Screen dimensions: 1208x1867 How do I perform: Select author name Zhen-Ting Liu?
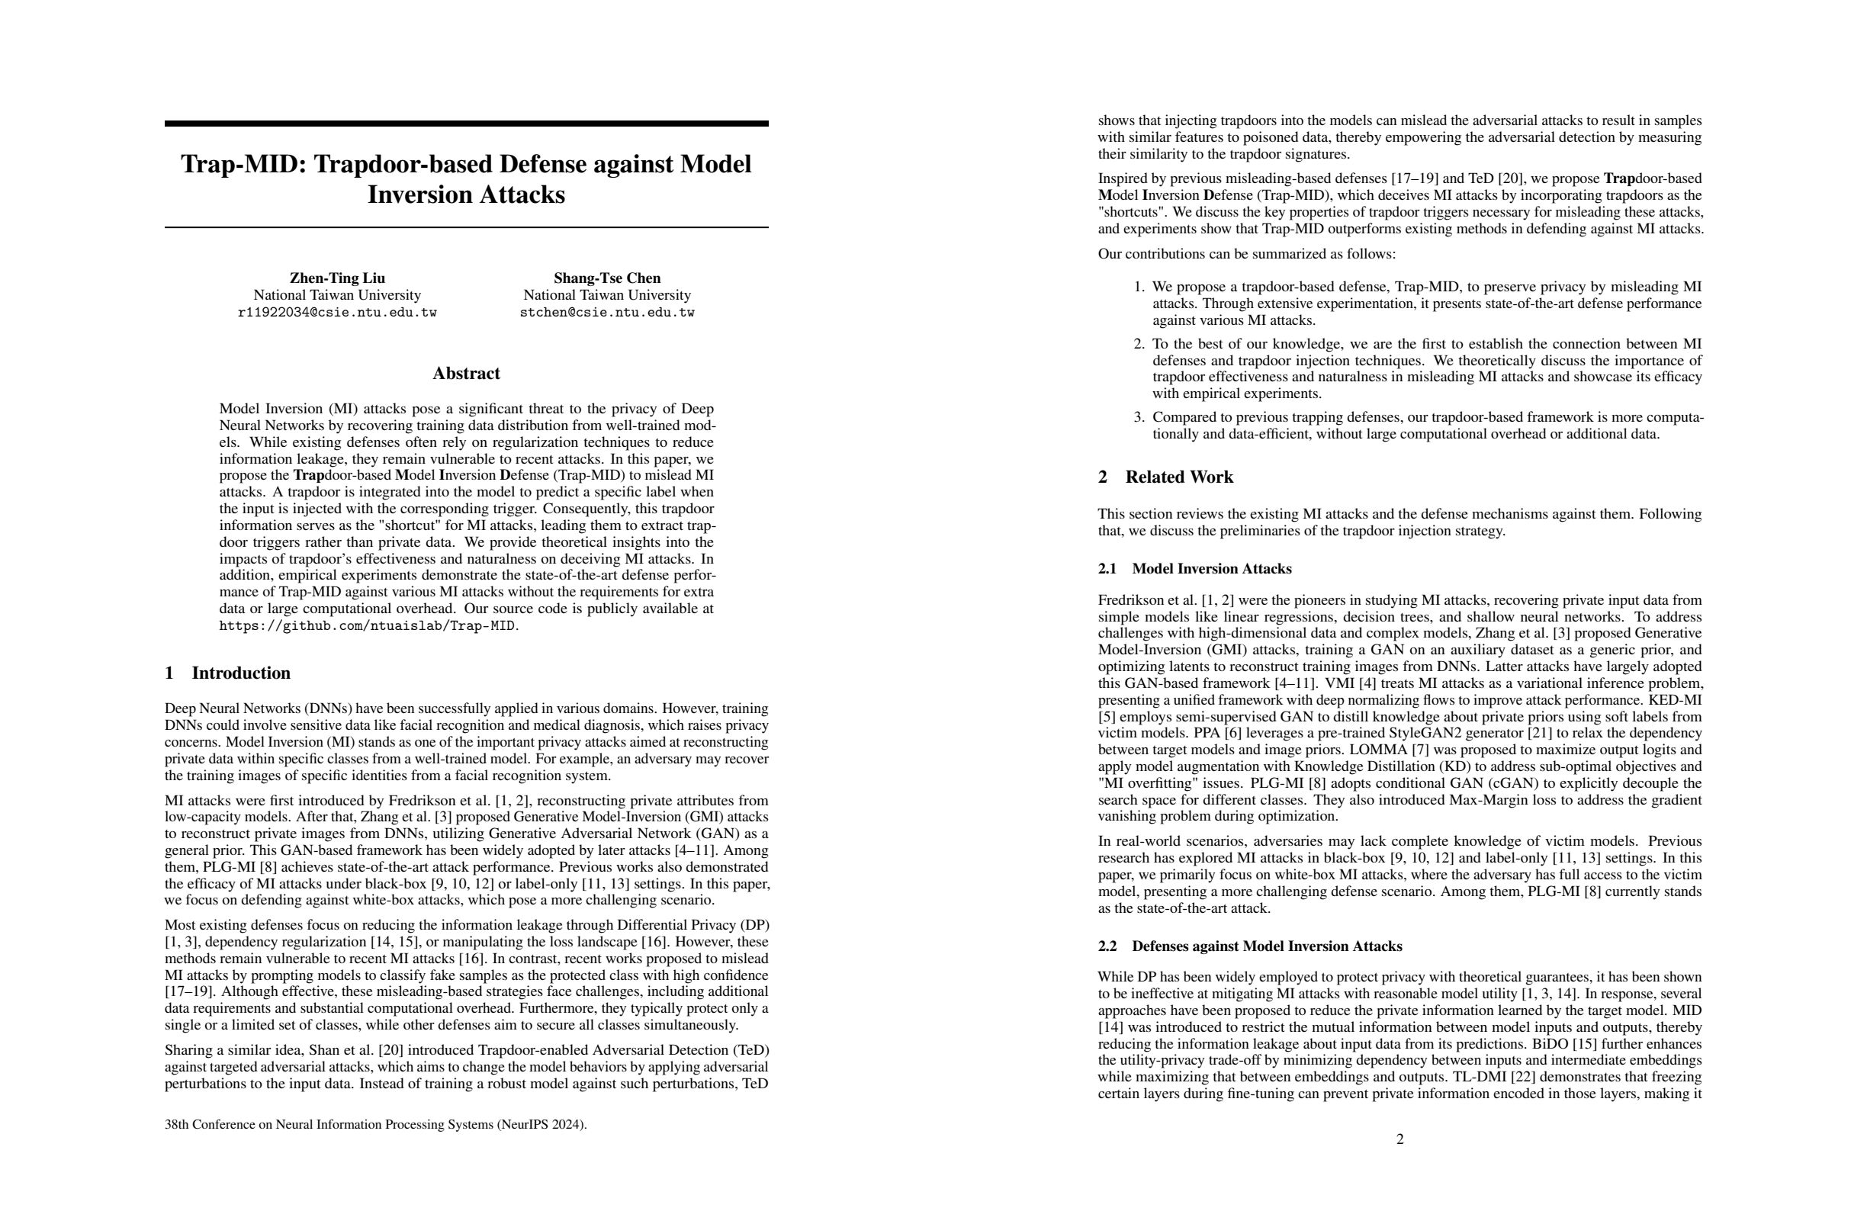coord(337,278)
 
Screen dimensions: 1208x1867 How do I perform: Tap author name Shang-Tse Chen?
coord(607,278)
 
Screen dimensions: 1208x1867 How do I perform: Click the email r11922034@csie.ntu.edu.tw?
coord(337,312)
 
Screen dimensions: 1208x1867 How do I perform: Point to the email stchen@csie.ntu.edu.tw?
coord(607,312)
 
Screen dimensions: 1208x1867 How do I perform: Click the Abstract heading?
coord(466,374)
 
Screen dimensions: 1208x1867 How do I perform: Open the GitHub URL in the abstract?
coord(368,626)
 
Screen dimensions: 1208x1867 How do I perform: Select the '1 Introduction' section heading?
coord(227,673)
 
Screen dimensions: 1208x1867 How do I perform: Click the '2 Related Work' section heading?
coord(1165,477)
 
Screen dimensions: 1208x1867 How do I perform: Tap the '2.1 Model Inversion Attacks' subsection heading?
coord(1195,569)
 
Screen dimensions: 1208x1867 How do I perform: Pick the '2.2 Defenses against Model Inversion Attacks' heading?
coord(1251,946)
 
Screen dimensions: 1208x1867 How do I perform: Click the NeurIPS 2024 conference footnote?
coord(376,1124)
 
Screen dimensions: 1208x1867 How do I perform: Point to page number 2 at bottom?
coord(1400,1139)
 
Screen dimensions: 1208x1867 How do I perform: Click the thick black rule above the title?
coord(466,123)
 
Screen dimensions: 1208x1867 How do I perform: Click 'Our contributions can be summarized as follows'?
coord(1246,253)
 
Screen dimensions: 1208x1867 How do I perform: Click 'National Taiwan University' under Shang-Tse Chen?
coord(607,295)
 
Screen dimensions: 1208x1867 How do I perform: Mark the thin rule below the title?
coord(466,227)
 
